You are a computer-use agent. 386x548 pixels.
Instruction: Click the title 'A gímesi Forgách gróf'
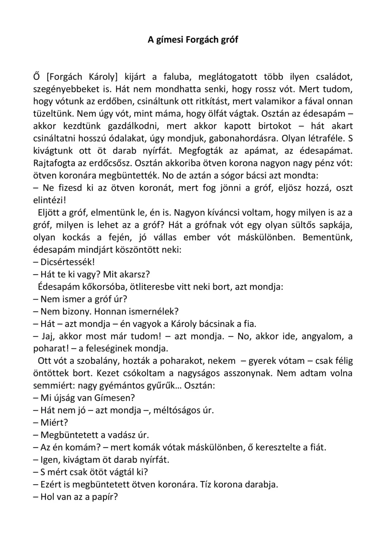coord(192,39)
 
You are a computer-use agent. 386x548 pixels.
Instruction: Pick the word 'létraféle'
coord(321,139)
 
